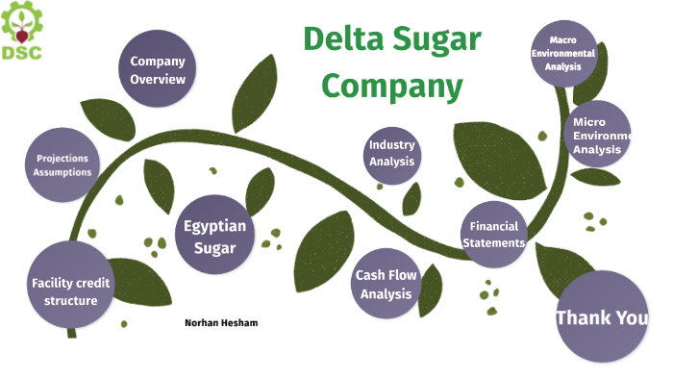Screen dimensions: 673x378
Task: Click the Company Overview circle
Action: [x=158, y=69]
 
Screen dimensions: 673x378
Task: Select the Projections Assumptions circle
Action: [x=63, y=164]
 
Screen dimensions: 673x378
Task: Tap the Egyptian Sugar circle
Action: [x=215, y=236]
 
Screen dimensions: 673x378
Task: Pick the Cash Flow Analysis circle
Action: [x=386, y=284]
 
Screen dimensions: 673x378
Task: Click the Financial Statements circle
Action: [x=494, y=235]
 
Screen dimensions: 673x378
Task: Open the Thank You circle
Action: [x=602, y=316]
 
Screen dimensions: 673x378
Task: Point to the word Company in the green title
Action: [x=391, y=86]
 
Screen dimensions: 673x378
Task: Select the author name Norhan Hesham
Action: [x=220, y=322]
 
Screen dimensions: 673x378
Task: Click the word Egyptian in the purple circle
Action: [x=215, y=226]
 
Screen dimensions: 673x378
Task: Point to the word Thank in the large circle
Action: [x=583, y=317]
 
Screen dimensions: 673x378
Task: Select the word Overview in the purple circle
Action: [x=158, y=79]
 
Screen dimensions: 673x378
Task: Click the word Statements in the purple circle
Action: [x=494, y=243]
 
